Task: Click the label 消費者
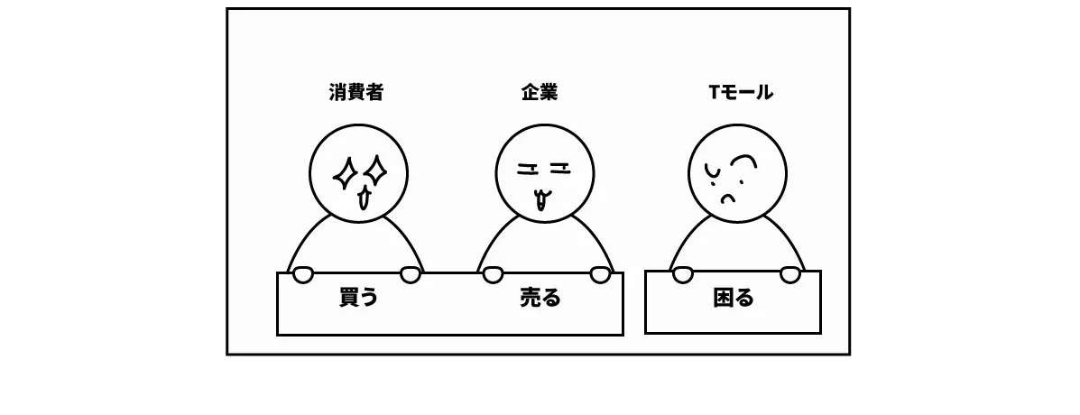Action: coord(355,92)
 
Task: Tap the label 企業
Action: coord(540,92)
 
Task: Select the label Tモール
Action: coord(741,92)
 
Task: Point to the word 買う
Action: coord(358,298)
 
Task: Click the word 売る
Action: coord(540,298)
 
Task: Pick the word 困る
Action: coord(733,298)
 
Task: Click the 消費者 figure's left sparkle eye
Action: coord(345,173)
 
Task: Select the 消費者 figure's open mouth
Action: coord(364,198)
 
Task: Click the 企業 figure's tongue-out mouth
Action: coord(541,198)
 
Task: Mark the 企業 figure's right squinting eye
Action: coord(559,166)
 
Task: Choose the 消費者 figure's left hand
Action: coord(301,273)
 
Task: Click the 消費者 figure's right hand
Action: coord(410,273)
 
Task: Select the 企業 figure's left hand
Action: coord(492,273)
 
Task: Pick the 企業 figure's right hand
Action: coord(600,273)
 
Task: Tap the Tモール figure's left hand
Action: coord(683,273)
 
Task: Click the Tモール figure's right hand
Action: coord(790,273)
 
